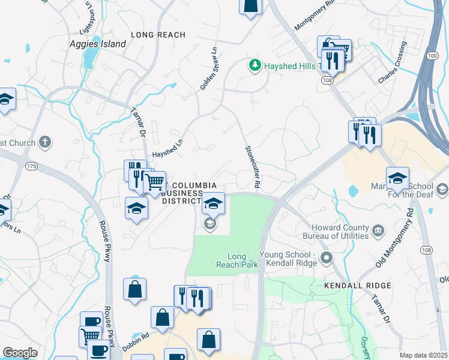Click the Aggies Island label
click(98, 44)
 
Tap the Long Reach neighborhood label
click(158, 35)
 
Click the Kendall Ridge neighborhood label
click(358, 286)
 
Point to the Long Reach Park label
click(237, 260)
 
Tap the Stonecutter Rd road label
click(252, 167)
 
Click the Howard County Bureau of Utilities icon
click(379, 230)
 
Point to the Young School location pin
click(327, 258)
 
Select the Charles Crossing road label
click(392, 62)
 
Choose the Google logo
click(20, 353)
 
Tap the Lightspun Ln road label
click(88, 18)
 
